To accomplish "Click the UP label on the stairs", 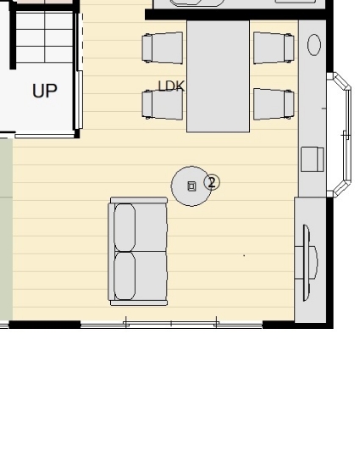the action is coord(45,91).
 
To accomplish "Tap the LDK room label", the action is coord(171,86).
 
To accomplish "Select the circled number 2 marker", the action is coord(212,182).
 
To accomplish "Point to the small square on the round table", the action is coord(191,186).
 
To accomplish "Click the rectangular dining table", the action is coord(219,76).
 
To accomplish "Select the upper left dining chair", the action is coord(162,48).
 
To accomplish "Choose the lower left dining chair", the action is coord(162,104).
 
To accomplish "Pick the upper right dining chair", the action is coord(274,48).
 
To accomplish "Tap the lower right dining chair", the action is coord(274,104).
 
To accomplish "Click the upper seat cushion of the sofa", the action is coord(125,227).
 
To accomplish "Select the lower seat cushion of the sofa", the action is coord(125,276).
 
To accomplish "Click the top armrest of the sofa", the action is coord(139,200).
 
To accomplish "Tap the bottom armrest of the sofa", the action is coord(139,303).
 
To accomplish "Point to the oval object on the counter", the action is coord(314,44).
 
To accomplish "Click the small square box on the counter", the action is coord(312,159).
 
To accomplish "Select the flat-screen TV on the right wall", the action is coord(307,263).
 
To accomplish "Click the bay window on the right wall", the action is coord(340,135).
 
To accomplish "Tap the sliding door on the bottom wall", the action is coord(171,325).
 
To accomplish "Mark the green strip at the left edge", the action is coord(6,229).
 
